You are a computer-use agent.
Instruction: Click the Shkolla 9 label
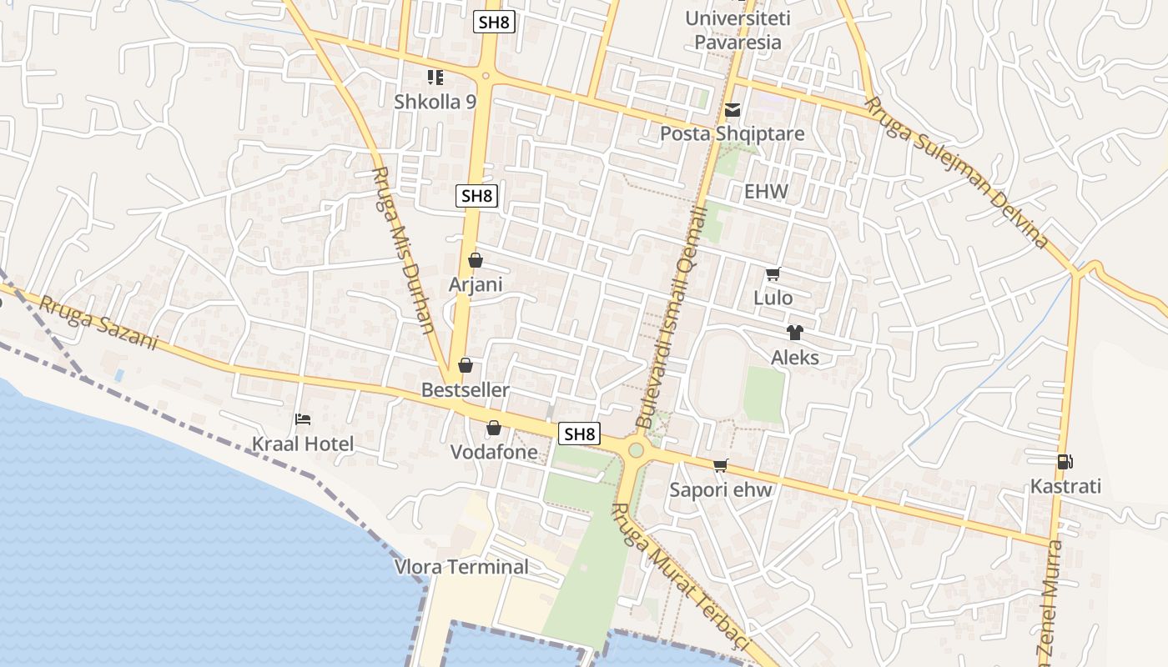coord(435,102)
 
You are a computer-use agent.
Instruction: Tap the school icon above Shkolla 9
coord(435,78)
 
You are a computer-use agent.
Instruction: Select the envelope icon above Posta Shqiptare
coord(733,110)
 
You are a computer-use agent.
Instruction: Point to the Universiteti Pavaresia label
coord(733,30)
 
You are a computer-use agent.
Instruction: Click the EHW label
coord(766,192)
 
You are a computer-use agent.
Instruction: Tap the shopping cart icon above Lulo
coord(773,273)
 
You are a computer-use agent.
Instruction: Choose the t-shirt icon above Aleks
coord(794,333)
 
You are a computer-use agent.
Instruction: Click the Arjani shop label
coord(476,284)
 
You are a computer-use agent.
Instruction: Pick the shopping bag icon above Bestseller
coord(466,365)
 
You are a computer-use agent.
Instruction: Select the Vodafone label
coord(493,452)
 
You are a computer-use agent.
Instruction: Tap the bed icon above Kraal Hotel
coord(303,419)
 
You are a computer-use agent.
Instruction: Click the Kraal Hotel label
coord(303,444)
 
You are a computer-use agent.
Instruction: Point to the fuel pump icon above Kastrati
coord(1065,461)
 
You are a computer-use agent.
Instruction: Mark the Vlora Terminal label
coord(461,567)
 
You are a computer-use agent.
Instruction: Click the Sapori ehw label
coord(721,489)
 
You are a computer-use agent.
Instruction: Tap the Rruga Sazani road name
coord(98,324)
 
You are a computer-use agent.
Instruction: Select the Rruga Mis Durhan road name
coord(403,250)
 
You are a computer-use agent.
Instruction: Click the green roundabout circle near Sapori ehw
coord(636,451)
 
